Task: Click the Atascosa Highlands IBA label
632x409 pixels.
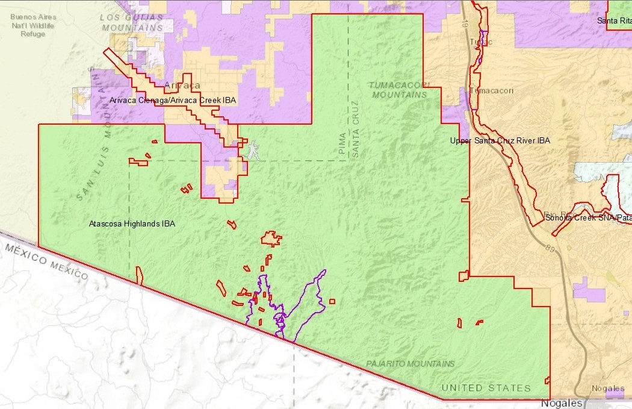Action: point(132,223)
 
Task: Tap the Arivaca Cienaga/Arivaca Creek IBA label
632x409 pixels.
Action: point(172,101)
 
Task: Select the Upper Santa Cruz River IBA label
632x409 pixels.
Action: point(500,140)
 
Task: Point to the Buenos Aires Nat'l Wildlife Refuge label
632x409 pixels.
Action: point(33,25)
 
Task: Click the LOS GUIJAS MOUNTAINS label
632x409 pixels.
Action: point(132,23)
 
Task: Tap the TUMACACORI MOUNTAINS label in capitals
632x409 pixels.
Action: point(400,90)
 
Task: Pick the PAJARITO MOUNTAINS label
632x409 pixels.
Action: point(410,364)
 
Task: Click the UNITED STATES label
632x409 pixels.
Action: point(486,388)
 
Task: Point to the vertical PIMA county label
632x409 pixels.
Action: point(342,145)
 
